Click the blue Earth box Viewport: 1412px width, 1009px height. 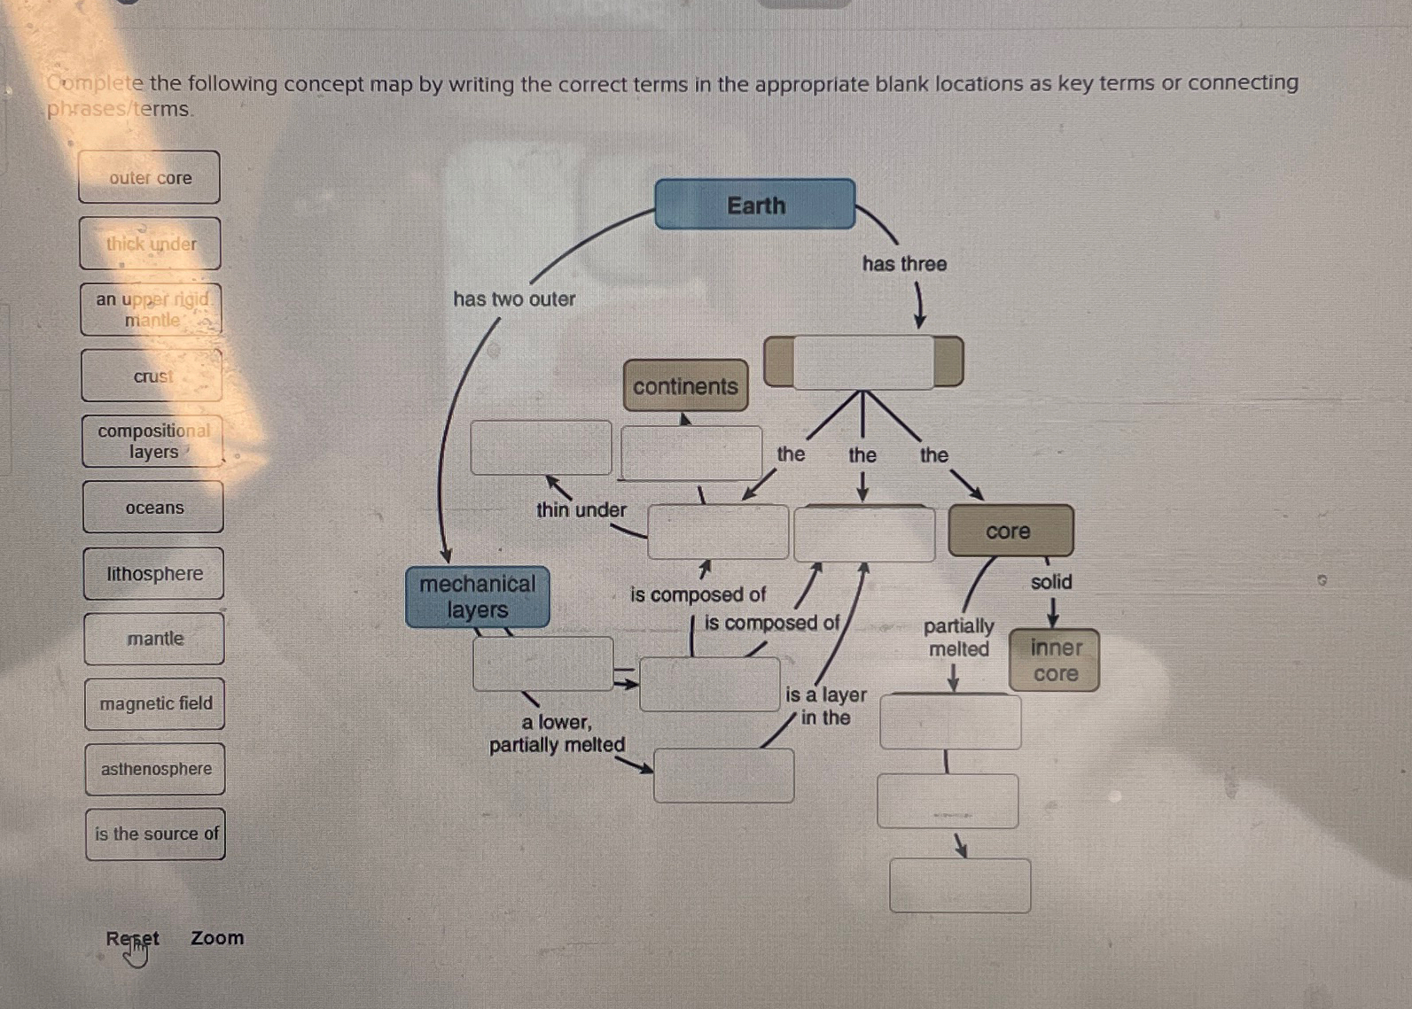click(x=755, y=205)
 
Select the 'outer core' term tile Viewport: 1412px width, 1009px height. click(x=150, y=177)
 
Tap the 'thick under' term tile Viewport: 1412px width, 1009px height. click(x=151, y=244)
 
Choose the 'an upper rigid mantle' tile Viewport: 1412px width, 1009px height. click(x=152, y=309)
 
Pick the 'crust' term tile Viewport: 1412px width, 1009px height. click(x=152, y=376)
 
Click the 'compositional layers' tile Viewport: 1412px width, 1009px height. click(x=153, y=441)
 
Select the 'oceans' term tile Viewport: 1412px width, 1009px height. click(x=154, y=508)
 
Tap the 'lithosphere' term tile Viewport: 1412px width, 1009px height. click(x=154, y=573)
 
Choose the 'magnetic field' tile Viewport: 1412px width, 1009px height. click(x=155, y=703)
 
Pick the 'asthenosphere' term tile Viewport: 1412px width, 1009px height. click(x=156, y=769)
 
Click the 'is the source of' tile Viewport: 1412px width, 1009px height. click(x=156, y=834)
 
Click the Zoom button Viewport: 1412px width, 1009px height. click(x=217, y=937)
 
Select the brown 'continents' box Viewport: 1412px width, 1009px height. click(x=685, y=386)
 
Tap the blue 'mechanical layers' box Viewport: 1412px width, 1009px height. click(x=478, y=597)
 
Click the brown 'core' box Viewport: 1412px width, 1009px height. click(x=1010, y=531)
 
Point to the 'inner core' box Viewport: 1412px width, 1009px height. click(x=1055, y=661)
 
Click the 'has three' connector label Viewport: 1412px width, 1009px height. click(x=904, y=264)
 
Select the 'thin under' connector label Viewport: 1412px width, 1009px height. click(x=581, y=509)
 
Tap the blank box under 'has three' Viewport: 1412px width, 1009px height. click(x=863, y=362)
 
